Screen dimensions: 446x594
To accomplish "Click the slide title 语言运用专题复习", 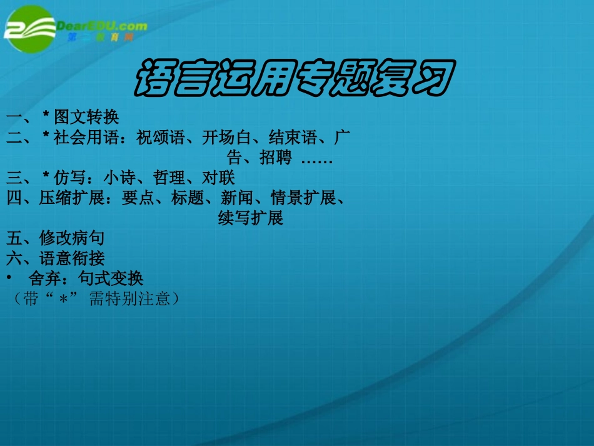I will (x=294, y=78).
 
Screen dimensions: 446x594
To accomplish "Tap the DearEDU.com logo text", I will (x=101, y=26).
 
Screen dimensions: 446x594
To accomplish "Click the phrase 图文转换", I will (x=86, y=117).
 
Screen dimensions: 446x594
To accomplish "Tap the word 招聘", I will (x=276, y=158).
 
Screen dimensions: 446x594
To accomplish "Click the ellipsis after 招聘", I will (x=316, y=160).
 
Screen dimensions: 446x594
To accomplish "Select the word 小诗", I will (x=119, y=178).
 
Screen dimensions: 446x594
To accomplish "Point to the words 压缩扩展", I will (x=71, y=198).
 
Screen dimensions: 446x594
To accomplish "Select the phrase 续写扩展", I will (x=251, y=218).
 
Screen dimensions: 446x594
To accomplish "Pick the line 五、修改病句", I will (x=55, y=238).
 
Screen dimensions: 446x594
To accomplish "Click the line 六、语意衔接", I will (x=55, y=258).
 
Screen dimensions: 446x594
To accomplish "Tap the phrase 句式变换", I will (x=111, y=278).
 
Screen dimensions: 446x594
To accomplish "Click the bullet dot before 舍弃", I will (x=9, y=277).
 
